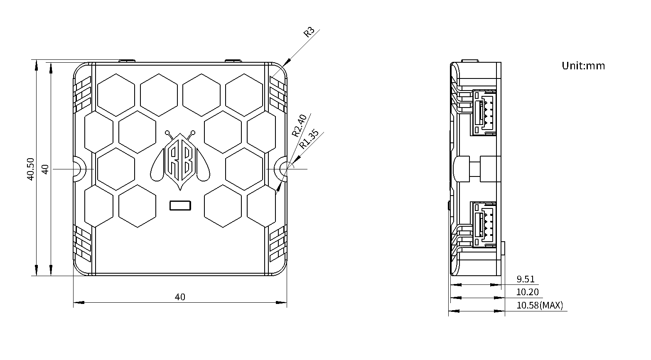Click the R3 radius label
tap(309, 32)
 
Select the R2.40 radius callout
tap(299, 125)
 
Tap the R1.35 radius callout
tap(309, 140)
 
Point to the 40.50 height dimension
tap(30, 169)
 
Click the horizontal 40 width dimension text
tap(180, 296)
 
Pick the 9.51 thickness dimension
tap(526, 279)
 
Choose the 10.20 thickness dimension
tap(527, 292)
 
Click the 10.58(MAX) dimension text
tap(540, 305)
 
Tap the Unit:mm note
tap(583, 66)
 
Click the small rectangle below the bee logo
tap(180, 206)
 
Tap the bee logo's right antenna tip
tap(193, 133)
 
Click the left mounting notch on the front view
tap(79, 169)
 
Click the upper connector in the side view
tap(484, 112)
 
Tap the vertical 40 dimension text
tap(45, 169)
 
